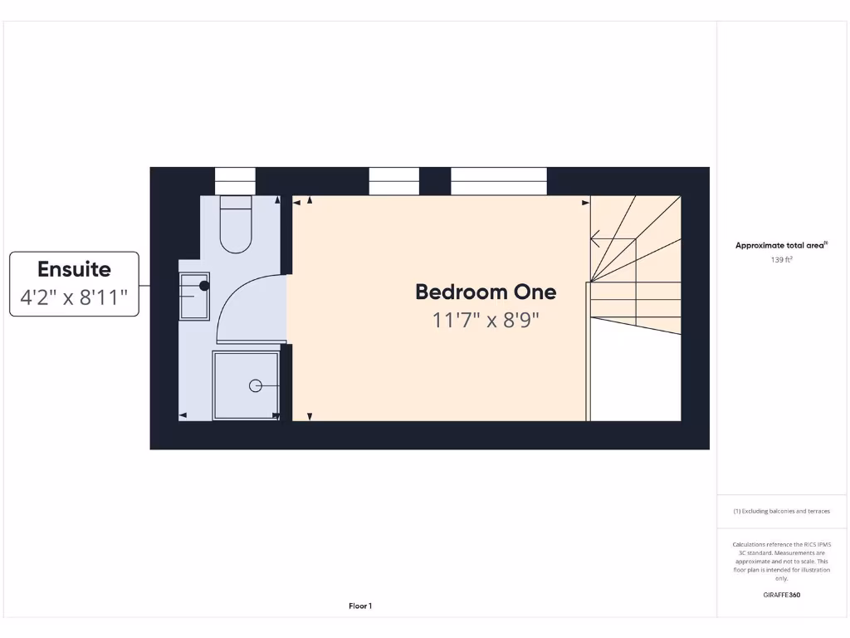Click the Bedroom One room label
click(x=486, y=292)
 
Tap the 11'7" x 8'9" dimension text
click(x=486, y=320)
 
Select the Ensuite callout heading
click(x=74, y=269)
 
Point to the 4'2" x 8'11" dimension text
click(x=74, y=297)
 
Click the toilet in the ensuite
click(x=236, y=224)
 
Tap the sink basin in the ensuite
click(x=196, y=296)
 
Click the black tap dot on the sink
click(x=204, y=286)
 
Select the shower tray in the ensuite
click(x=246, y=385)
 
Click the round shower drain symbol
click(x=256, y=385)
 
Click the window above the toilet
click(x=235, y=180)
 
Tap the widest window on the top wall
click(x=499, y=180)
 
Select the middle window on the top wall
click(x=393, y=180)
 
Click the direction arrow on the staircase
click(x=596, y=239)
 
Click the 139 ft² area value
click(x=782, y=260)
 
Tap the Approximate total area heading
click(x=781, y=245)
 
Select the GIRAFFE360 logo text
click(x=781, y=595)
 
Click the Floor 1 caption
click(x=359, y=606)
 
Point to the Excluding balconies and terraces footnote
click(x=781, y=512)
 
